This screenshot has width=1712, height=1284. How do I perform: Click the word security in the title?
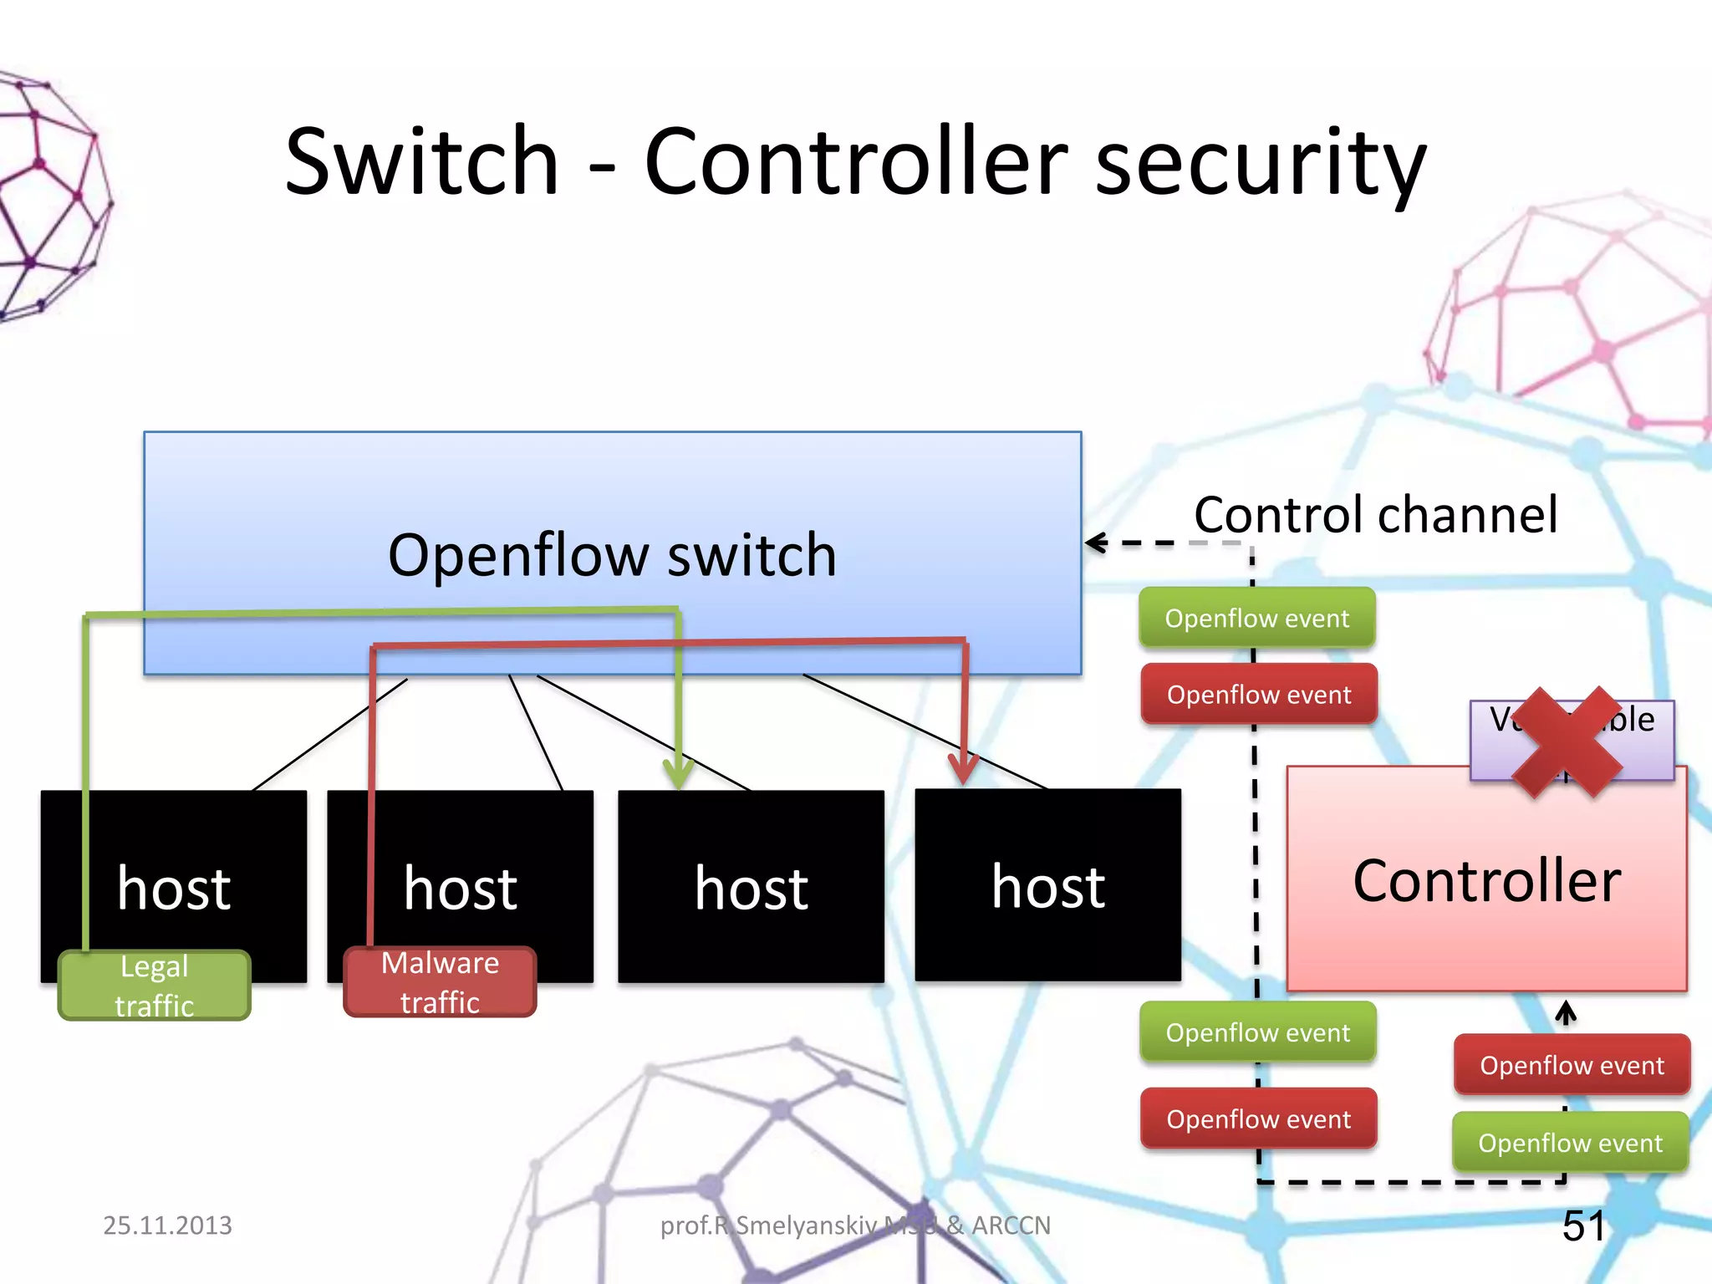(x=1260, y=160)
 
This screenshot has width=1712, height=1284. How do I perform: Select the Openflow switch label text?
(x=612, y=555)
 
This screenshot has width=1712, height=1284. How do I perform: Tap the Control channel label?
(x=1375, y=514)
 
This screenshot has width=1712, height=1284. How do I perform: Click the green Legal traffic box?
(x=155, y=986)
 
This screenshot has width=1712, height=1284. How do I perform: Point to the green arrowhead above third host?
(x=679, y=773)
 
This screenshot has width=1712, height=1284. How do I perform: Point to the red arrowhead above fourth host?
(x=963, y=769)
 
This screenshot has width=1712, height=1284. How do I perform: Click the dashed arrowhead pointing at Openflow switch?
(x=1094, y=543)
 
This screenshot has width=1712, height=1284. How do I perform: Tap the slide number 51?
(x=1583, y=1226)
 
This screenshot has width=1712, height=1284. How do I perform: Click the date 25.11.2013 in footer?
(x=167, y=1225)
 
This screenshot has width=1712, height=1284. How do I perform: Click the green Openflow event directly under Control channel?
(x=1256, y=619)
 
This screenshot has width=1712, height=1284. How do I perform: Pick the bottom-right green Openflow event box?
(x=1570, y=1143)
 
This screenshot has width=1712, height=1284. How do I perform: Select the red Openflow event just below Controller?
(x=1572, y=1065)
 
